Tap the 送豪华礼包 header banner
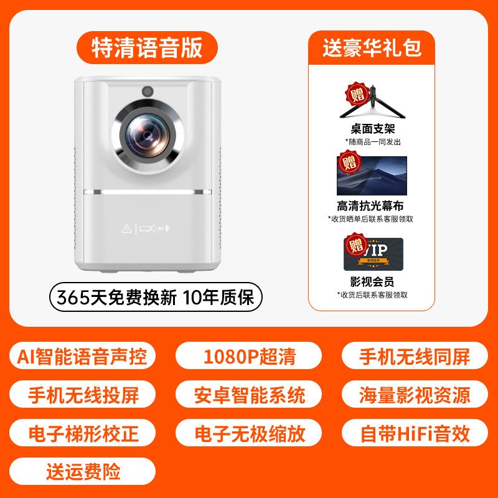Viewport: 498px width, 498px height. click(x=372, y=48)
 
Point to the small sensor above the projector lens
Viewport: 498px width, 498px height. click(x=148, y=90)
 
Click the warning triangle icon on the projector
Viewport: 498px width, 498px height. click(x=126, y=228)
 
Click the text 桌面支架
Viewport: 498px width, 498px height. click(x=373, y=129)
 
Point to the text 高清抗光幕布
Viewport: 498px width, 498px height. click(x=372, y=205)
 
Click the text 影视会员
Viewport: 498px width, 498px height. click(x=372, y=281)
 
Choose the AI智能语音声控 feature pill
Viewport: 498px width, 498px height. click(x=83, y=357)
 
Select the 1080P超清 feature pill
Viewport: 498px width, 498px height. click(x=249, y=357)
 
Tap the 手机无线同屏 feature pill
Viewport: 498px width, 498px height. click(x=415, y=357)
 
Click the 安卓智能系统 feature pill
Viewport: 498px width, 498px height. click(x=249, y=395)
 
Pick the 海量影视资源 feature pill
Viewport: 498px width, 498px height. click(x=415, y=395)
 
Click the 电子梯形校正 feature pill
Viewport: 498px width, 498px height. click(x=83, y=433)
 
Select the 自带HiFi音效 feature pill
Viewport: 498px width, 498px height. click(x=415, y=433)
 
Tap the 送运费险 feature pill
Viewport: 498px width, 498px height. click(x=83, y=471)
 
